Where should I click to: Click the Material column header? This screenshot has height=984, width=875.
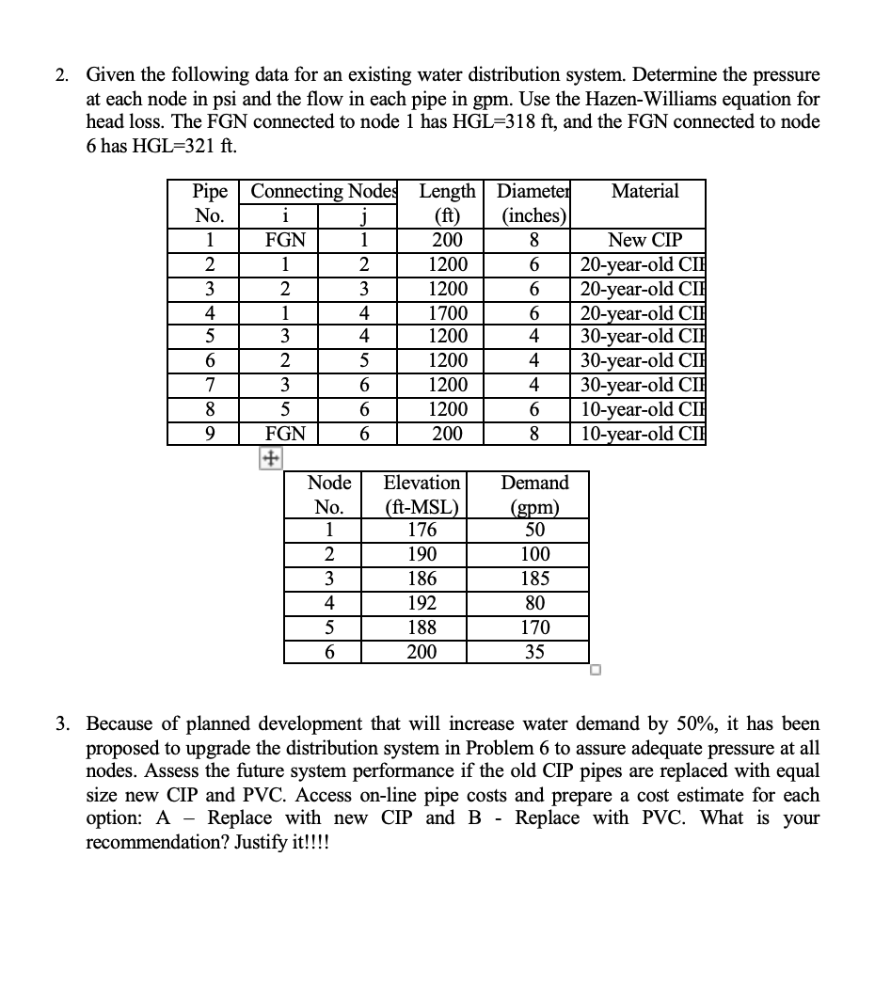(x=644, y=191)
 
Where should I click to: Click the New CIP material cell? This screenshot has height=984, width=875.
(x=644, y=240)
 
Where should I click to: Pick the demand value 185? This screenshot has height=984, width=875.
(x=533, y=579)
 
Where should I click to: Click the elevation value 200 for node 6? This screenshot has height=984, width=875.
(x=421, y=652)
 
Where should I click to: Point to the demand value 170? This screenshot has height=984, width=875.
(x=533, y=627)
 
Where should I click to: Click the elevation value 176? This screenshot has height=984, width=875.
(x=421, y=530)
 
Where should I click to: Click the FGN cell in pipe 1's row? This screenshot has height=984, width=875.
(x=284, y=240)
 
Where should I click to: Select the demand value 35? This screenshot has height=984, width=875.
(x=533, y=652)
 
